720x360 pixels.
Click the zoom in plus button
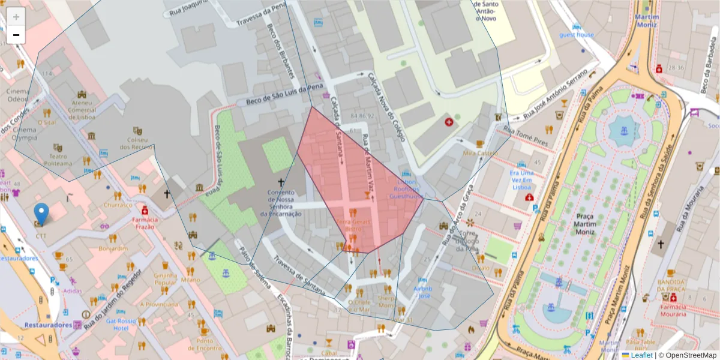[x=16, y=17]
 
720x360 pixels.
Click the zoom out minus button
[x=16, y=35]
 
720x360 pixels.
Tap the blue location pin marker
[x=41, y=215]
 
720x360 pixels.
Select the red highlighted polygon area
[x=360, y=180]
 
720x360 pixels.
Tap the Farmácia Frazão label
[x=144, y=223]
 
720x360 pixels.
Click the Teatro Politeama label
[x=57, y=159]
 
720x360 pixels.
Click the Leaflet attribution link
[x=641, y=355]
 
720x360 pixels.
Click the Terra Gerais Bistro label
[x=353, y=225]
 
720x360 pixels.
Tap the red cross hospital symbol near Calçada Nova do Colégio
[x=448, y=122]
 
